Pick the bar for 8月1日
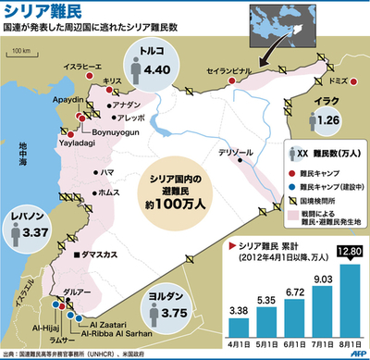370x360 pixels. coord(351,291)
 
